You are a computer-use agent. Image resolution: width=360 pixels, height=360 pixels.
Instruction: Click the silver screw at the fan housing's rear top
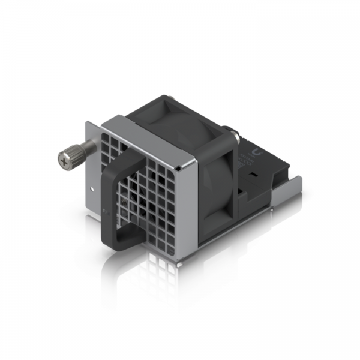click(232, 133)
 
